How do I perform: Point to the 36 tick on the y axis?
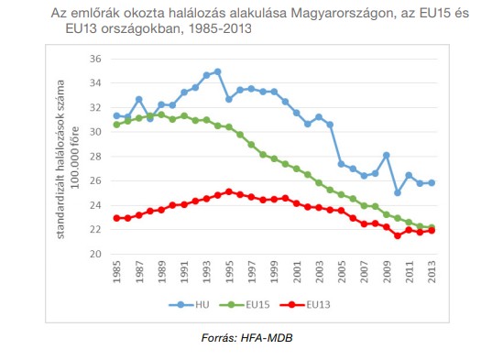(x=95, y=59)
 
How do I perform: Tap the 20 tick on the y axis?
(x=95, y=254)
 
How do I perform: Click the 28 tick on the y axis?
(x=95, y=157)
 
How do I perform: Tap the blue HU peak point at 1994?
(x=217, y=71)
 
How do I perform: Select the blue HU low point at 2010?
(x=397, y=193)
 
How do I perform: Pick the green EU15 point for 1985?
(x=116, y=125)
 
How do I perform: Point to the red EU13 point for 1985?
(x=116, y=218)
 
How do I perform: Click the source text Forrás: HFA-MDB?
(x=246, y=339)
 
